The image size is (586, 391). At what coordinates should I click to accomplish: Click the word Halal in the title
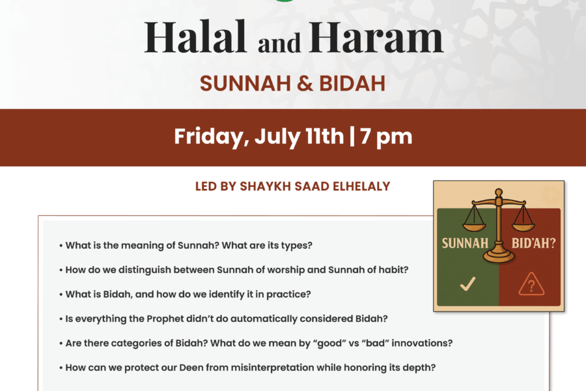click(195, 36)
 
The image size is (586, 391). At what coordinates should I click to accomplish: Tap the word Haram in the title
click(376, 36)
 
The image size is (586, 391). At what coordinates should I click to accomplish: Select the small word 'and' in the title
click(279, 42)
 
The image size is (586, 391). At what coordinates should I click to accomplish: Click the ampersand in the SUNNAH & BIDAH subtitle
click(305, 83)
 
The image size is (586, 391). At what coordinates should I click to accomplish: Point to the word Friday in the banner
click(212, 136)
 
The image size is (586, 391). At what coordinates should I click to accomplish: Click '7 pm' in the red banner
click(386, 137)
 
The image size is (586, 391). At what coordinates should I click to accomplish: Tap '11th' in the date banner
click(324, 136)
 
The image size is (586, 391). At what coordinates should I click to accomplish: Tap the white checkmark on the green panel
click(467, 283)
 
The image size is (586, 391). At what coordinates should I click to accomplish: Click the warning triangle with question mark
click(531, 284)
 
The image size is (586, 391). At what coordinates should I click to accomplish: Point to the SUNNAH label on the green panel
click(465, 243)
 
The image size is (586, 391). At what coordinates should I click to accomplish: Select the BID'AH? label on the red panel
click(534, 243)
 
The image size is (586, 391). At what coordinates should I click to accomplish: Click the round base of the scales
click(499, 256)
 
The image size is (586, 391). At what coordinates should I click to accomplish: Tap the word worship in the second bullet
click(286, 270)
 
